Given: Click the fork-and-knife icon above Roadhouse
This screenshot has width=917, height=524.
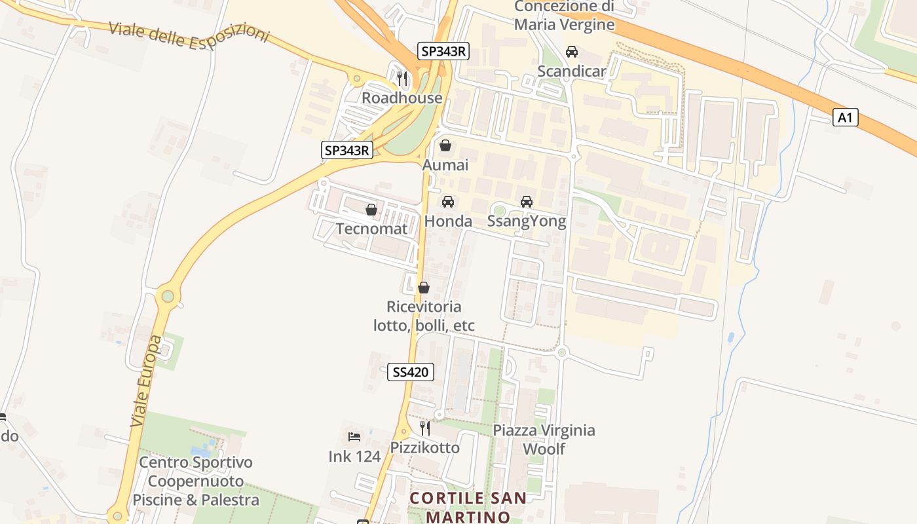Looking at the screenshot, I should coord(402,79).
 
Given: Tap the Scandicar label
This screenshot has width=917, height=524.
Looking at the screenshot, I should coord(571,71).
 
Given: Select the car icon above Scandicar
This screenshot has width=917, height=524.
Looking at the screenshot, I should coord(572,52).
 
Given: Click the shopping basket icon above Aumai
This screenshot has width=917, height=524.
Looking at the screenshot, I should coord(445,145).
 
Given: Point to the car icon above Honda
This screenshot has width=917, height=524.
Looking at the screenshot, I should coord(448,202).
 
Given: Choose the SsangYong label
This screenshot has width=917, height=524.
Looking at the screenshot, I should coord(527,221).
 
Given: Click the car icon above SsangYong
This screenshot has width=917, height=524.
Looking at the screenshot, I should coord(527,202).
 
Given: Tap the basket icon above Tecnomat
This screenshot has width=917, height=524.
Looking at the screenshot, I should coord(371,210).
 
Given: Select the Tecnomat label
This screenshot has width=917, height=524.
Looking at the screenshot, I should coord(371,229).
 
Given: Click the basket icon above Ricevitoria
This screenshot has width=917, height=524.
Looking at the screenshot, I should coord(424,288).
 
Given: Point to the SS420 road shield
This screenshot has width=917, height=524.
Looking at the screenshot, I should coord(411,373).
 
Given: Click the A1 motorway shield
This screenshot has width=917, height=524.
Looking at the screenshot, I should coord(845,118).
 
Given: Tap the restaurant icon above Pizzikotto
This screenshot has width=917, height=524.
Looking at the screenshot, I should coord(425,428).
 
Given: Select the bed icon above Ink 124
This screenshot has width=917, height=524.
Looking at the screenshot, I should coord(354,436).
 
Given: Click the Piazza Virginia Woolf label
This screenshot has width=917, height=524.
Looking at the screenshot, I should coord(544,440).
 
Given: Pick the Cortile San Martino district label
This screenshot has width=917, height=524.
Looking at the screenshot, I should coord(468,507).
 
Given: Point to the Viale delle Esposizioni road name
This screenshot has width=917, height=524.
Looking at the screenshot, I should coord(189,32).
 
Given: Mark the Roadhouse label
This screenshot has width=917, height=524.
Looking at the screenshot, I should coord(402,98).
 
